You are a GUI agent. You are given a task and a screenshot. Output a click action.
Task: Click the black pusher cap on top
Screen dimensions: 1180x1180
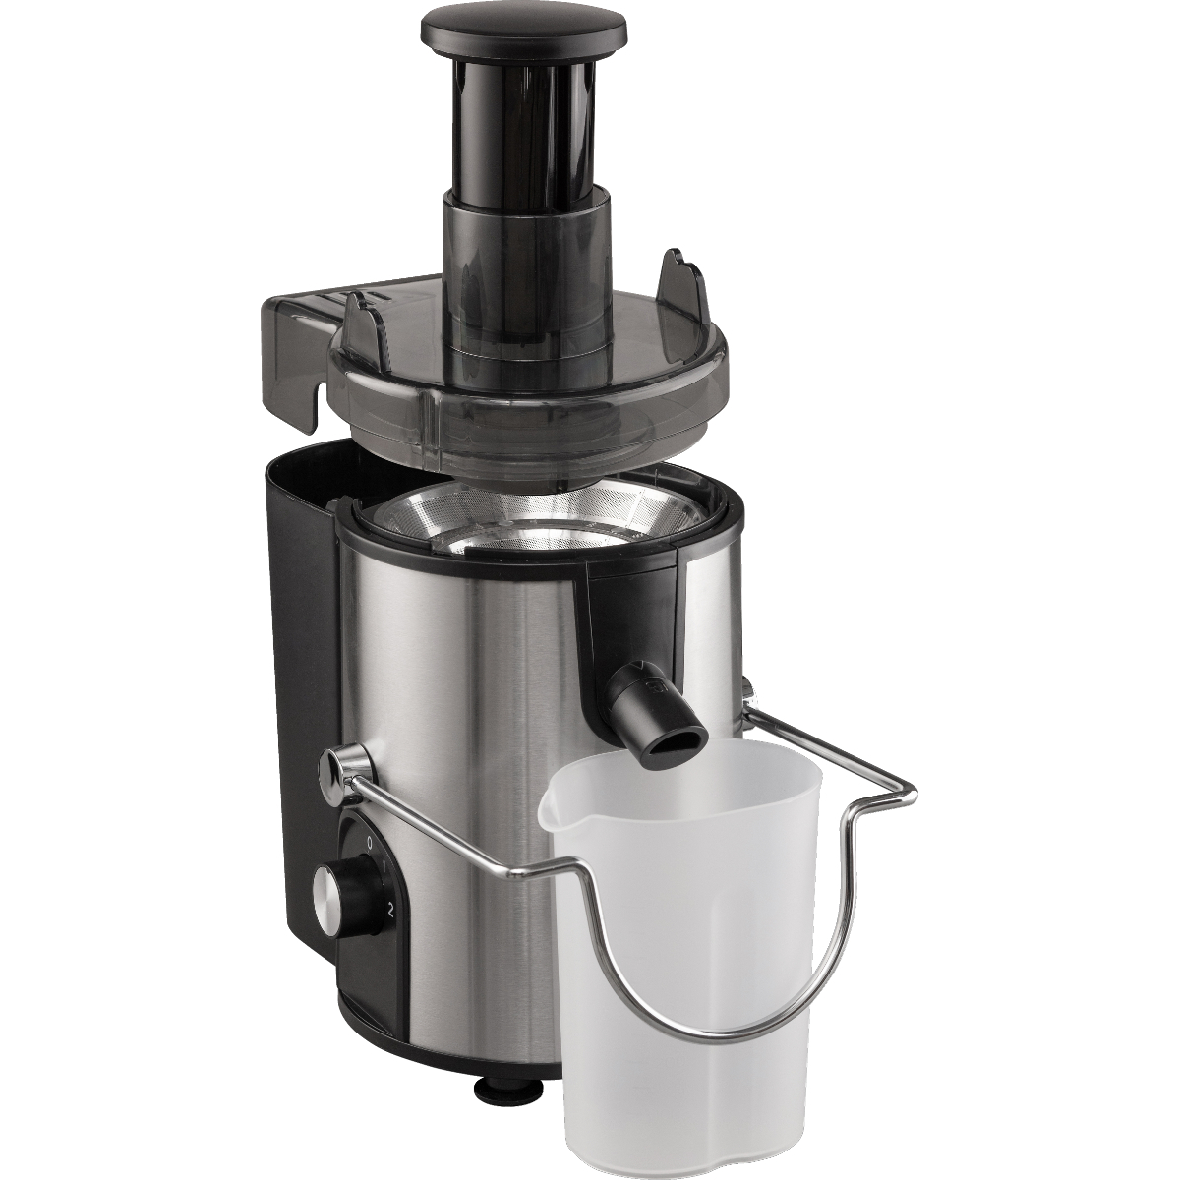click(x=524, y=29)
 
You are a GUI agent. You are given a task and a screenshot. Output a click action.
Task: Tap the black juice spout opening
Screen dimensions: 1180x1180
click(x=675, y=745)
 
